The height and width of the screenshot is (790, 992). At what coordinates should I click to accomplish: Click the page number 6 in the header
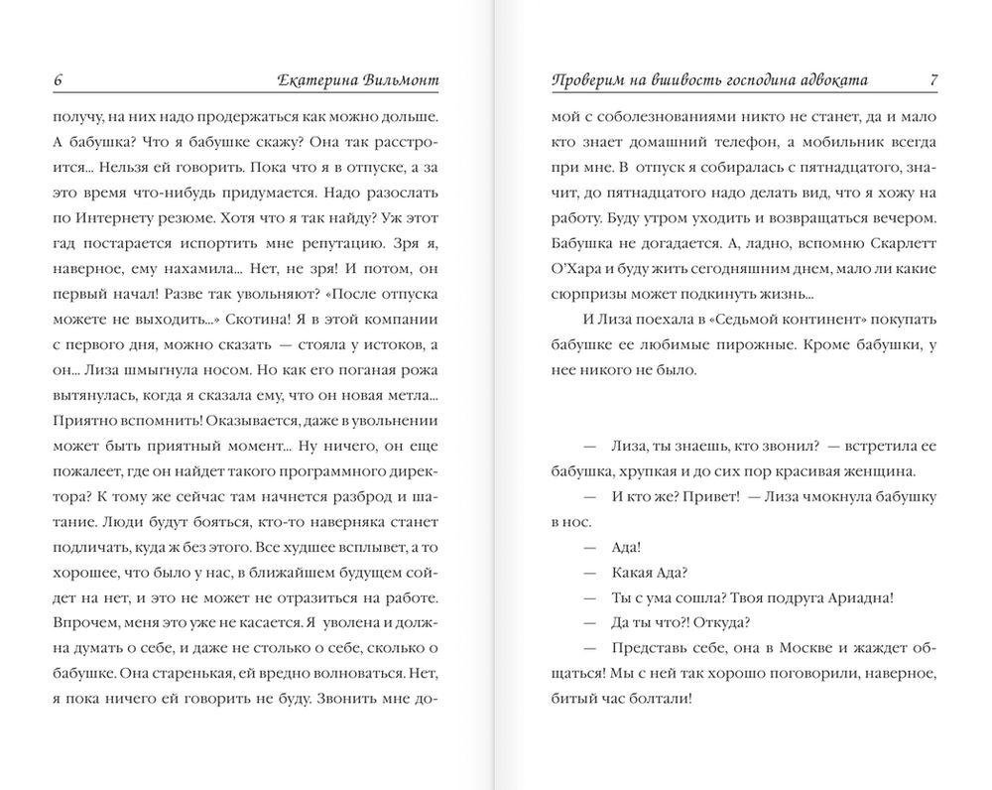[61, 80]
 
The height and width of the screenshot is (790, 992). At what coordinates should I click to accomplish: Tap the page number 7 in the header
[931, 80]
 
